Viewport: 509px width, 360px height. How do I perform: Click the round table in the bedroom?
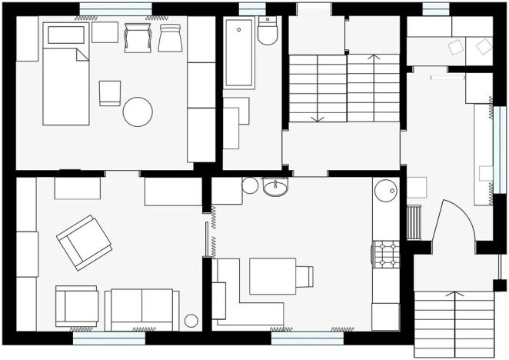(x=138, y=112)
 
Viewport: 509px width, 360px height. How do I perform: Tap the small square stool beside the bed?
(x=110, y=92)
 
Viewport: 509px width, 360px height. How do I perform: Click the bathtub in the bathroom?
(x=239, y=53)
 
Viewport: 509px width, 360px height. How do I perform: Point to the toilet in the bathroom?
(x=268, y=32)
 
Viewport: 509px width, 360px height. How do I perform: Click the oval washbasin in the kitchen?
(x=275, y=187)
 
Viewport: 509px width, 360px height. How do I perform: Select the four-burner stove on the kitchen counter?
(x=385, y=253)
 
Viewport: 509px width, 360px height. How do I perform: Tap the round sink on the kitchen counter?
(x=384, y=189)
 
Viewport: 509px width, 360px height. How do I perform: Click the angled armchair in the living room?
(x=84, y=242)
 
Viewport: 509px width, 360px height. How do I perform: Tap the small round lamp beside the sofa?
(x=191, y=320)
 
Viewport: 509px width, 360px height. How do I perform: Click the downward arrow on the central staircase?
(x=318, y=117)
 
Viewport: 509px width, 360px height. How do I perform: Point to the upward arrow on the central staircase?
(x=374, y=58)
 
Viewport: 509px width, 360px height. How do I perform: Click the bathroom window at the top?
(x=251, y=9)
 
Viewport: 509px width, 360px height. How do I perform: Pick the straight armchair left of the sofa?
(x=77, y=305)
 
